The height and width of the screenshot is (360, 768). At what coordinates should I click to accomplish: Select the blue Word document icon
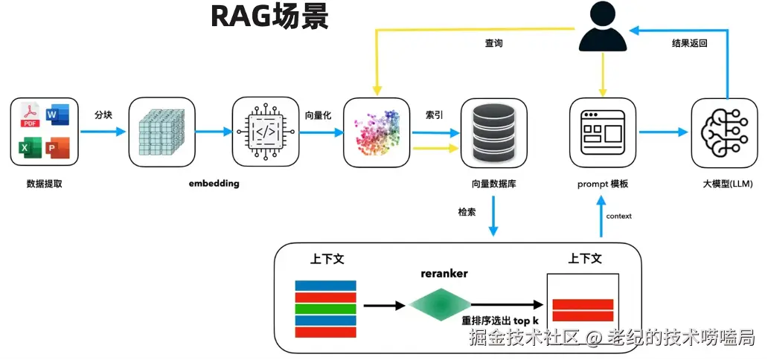tap(57, 115)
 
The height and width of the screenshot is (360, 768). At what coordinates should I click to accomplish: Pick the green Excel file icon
tap(30, 148)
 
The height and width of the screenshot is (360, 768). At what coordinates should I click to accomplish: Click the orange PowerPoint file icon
tap(57, 147)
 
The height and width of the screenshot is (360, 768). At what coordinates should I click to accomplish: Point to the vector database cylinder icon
tap(493, 132)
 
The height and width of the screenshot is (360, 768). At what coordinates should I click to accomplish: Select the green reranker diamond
tap(439, 305)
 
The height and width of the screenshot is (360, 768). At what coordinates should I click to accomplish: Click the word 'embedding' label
tap(214, 184)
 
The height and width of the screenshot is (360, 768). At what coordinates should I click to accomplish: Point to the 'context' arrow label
tap(618, 216)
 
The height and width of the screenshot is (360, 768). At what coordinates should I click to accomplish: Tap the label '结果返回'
tap(690, 43)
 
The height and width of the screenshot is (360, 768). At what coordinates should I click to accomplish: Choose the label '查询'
tap(493, 43)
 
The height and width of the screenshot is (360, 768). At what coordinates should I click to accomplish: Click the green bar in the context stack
tap(325, 309)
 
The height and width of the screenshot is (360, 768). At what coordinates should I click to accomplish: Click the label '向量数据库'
tap(493, 184)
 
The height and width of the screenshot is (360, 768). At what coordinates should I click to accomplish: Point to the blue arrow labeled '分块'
tap(103, 132)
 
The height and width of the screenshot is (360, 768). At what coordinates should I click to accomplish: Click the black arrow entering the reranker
tap(386, 305)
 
